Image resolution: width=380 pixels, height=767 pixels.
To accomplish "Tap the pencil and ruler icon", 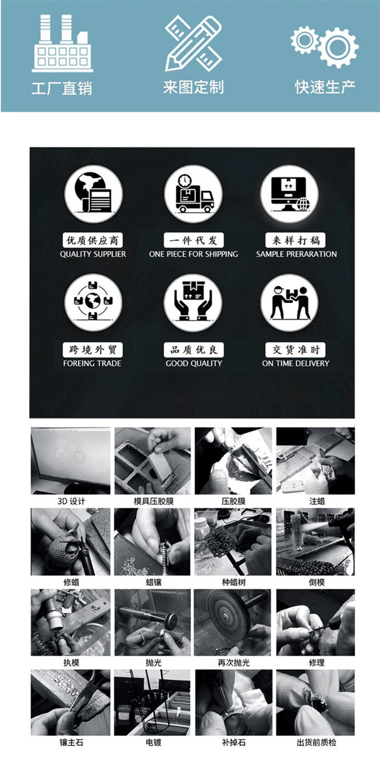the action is pos(193,44).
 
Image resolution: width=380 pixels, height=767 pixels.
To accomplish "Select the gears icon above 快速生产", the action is pos(324,46).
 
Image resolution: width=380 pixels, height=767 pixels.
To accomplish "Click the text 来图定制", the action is pos(193,87).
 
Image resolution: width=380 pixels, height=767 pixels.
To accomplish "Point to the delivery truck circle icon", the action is pos(193,194).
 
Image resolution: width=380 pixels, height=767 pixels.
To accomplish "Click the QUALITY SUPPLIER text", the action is pos(93,254).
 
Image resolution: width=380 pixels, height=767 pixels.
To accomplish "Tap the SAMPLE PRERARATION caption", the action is pos(296,254).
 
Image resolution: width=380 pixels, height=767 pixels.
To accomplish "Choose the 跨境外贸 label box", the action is pos(93,350).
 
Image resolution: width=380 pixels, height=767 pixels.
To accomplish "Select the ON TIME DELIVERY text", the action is pos(295,363).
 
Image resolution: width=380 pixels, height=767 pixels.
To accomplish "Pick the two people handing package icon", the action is pos(290,303).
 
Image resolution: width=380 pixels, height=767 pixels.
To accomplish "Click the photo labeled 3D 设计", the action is pos(70,460).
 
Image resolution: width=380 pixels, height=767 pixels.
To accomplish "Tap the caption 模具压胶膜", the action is pos(154,501).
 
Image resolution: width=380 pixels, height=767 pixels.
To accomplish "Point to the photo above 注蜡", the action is pos(316,460).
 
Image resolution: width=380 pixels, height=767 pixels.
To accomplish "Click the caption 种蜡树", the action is pos(234,582).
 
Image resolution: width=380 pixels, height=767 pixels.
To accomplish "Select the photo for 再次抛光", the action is pos(233,622).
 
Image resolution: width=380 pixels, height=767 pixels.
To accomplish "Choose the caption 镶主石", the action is pos(71,742).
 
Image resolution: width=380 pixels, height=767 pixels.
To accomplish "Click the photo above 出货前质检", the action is pos(316,702).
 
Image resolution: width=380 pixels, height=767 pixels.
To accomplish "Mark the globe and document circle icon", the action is pos(93,194).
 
